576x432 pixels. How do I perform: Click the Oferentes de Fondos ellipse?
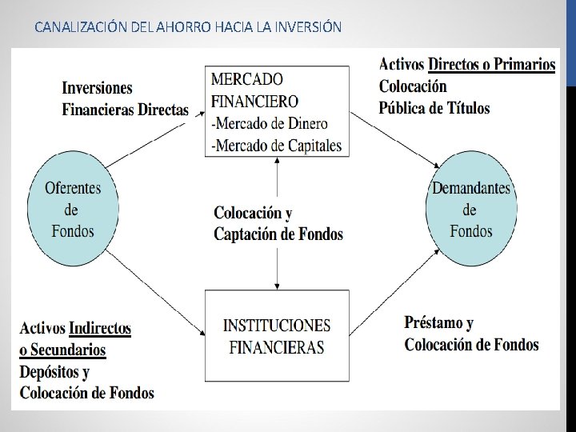point(73,210)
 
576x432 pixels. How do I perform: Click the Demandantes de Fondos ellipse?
point(471,210)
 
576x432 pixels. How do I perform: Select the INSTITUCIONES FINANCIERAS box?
point(277,336)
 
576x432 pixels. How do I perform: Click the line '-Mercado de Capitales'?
point(276,145)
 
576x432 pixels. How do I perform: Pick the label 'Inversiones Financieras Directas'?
point(126,98)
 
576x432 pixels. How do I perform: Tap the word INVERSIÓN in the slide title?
point(307,27)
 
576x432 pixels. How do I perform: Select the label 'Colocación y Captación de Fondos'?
point(278,223)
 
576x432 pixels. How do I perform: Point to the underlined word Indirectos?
point(100,329)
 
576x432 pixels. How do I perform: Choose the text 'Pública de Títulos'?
point(434,108)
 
